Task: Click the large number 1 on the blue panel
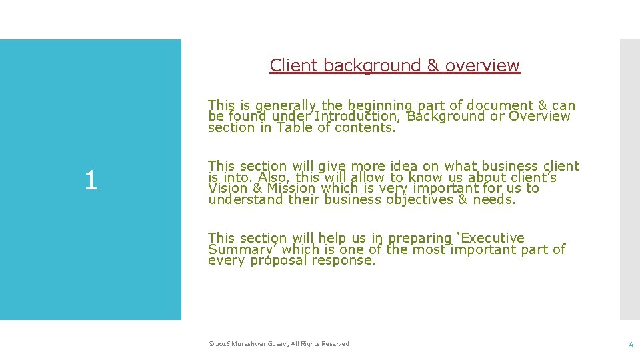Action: (x=91, y=181)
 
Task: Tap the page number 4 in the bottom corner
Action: (x=631, y=344)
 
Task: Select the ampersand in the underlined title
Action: (x=433, y=65)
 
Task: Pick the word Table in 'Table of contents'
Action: (x=295, y=128)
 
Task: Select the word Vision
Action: (x=227, y=189)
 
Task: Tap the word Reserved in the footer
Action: (x=334, y=344)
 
